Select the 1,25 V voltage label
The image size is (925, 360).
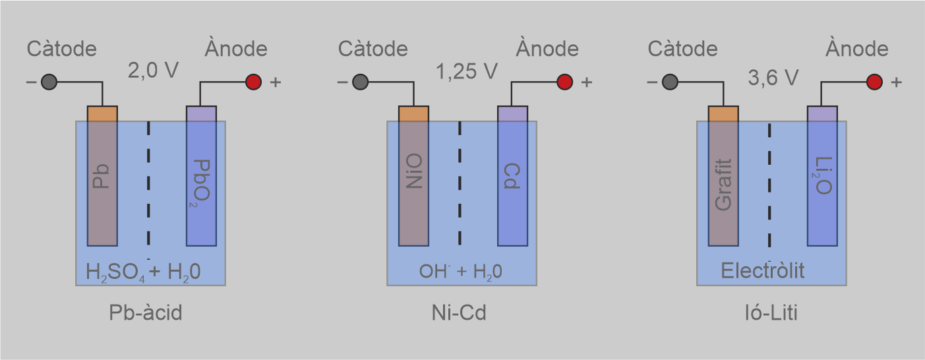[x=467, y=71]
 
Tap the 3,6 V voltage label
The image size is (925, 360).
[x=773, y=78]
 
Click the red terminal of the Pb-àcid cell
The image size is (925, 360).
[x=254, y=82]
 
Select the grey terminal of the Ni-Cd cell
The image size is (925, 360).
[x=360, y=82]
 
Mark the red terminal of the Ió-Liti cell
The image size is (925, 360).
[x=874, y=82]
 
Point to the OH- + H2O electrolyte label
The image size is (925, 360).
[x=461, y=272]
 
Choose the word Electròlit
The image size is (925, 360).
[x=763, y=271]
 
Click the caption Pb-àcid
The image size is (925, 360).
[x=145, y=313]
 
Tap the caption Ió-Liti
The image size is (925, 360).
[x=769, y=313]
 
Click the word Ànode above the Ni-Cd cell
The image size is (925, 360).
[x=547, y=49]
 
